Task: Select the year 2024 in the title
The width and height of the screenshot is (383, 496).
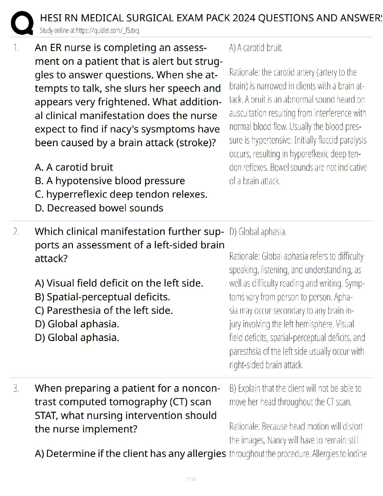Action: (243, 18)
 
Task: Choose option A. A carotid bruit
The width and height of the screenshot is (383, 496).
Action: (74, 167)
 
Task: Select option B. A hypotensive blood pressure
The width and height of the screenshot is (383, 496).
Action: (110, 181)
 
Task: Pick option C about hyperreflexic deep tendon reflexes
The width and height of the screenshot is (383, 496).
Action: (121, 194)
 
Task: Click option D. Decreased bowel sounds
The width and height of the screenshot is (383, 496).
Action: (99, 208)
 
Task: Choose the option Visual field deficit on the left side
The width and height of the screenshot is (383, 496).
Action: (119, 283)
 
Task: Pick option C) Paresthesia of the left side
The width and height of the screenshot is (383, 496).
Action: (104, 310)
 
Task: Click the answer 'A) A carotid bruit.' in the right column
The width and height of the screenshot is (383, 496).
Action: (256, 48)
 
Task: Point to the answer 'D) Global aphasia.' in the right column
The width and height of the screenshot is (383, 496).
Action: (258, 232)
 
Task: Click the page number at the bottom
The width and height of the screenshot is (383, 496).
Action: (191, 479)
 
